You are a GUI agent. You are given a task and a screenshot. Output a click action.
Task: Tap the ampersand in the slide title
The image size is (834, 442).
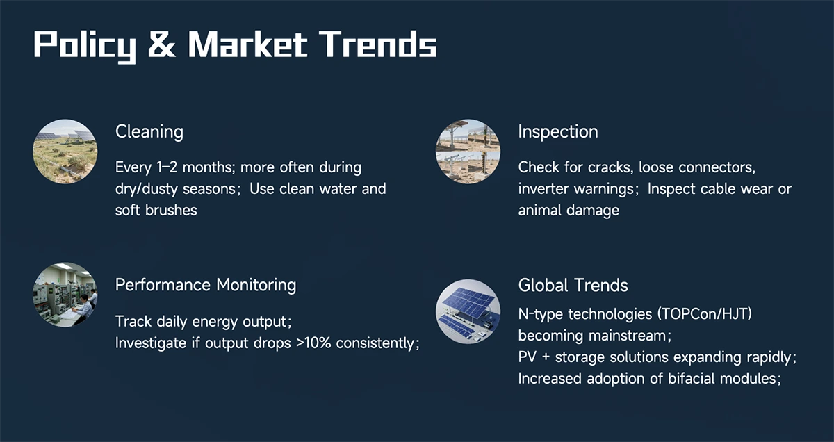point(161,44)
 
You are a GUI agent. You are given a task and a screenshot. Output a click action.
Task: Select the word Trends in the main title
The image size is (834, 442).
point(378,44)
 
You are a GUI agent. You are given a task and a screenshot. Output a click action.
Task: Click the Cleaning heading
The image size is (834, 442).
point(149,132)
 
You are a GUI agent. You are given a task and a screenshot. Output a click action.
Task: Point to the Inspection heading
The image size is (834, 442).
point(558,132)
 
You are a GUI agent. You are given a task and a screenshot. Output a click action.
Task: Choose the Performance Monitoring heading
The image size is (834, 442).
point(206,285)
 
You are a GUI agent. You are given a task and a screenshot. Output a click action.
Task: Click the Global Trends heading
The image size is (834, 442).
point(573,285)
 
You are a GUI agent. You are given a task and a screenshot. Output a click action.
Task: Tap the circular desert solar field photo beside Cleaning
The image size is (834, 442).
point(65,152)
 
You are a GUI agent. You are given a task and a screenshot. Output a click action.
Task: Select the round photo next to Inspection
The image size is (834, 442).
point(468,152)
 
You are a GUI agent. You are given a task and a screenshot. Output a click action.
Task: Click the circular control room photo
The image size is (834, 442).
point(65,295)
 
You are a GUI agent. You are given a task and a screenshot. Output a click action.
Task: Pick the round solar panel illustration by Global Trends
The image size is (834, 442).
point(468,311)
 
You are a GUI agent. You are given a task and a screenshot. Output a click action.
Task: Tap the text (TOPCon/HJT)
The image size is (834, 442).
point(705,314)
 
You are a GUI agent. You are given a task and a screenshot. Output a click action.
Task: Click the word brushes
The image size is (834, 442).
point(171,211)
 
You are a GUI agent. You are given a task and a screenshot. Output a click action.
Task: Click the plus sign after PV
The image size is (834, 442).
point(546,357)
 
